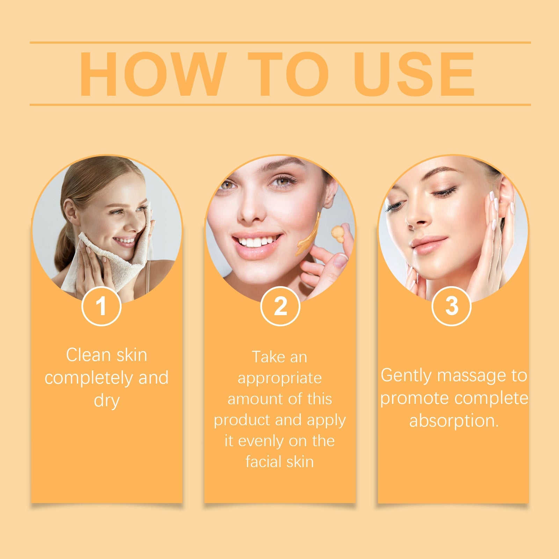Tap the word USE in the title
pos(414,73)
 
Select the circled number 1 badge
pos(101,306)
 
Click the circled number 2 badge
pos(280,306)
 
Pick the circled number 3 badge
pos(451,306)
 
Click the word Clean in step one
pos(88,355)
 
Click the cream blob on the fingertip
pos(338,232)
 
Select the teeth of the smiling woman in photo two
pos(258,241)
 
